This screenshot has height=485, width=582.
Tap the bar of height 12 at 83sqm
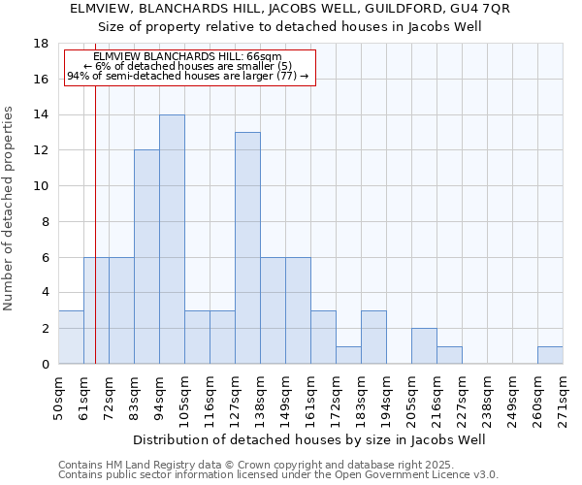point(146,257)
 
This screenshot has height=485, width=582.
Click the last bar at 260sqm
point(550,355)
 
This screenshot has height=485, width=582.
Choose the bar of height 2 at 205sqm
point(424,346)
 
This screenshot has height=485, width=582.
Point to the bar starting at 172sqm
point(348,355)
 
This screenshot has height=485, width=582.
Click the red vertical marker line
point(96,242)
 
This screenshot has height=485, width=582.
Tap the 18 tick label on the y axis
point(41,44)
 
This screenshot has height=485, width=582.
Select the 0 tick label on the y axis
point(45,364)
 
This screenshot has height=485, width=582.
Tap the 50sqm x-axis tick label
point(58,396)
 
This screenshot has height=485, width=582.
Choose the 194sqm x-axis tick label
point(386,396)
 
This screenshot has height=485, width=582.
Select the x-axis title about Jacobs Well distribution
point(310,439)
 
